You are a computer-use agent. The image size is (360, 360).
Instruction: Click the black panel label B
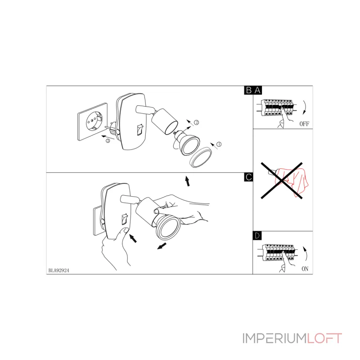(x=249, y=90)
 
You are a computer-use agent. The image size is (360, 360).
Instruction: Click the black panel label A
(x=257, y=90)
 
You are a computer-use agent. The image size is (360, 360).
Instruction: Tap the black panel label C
(x=249, y=177)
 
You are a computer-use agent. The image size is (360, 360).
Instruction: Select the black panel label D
(x=257, y=236)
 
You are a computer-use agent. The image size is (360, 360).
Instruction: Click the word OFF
(x=304, y=124)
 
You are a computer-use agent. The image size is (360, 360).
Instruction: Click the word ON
(x=305, y=269)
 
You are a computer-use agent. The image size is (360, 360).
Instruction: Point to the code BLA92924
(x=59, y=270)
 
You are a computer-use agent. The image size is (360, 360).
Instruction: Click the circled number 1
(x=219, y=144)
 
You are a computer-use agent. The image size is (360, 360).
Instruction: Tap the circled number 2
(x=197, y=122)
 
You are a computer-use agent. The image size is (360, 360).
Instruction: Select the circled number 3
(x=108, y=141)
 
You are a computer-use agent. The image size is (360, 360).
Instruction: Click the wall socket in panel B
(x=93, y=121)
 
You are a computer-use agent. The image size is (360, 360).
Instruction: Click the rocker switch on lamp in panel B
(x=140, y=130)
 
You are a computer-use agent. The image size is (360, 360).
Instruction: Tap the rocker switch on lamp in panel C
(x=124, y=219)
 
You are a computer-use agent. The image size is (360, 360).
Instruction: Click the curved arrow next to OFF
(x=306, y=107)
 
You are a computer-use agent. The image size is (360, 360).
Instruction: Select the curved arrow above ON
(x=306, y=254)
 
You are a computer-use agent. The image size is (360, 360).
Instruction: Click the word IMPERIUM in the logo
(x=274, y=338)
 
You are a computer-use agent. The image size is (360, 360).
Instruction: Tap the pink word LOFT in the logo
(x=324, y=338)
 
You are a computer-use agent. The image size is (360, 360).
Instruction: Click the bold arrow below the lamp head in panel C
(x=162, y=246)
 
